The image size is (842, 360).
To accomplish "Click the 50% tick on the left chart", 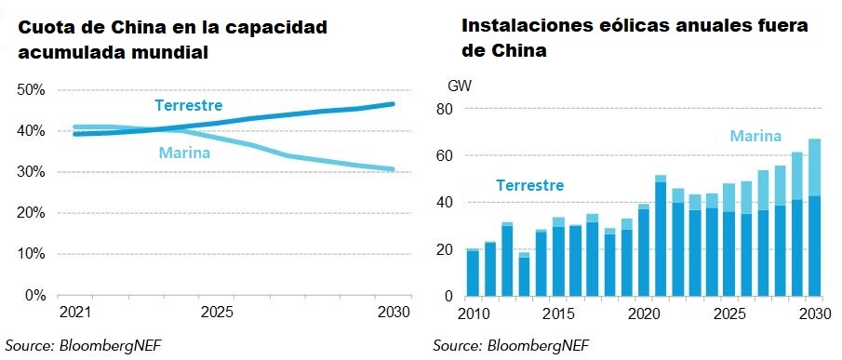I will [32, 90].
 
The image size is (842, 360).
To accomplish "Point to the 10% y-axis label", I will [32, 254].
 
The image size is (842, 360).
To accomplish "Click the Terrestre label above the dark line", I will [188, 104].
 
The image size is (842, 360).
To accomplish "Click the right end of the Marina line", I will [393, 169].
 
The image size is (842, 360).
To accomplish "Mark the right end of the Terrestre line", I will [393, 104].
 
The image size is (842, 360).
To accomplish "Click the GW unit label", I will [460, 86].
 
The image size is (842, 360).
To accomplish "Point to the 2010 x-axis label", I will [472, 312].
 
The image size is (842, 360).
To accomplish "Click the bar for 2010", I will [472, 273].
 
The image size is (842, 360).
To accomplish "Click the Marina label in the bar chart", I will [755, 137].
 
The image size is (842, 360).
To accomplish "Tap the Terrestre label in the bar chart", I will [528, 185].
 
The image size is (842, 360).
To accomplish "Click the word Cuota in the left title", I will [48, 28].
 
